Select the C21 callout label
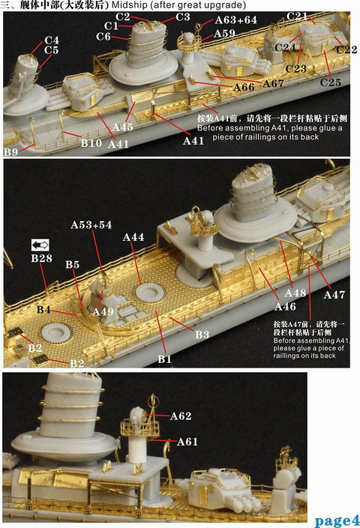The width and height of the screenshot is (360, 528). click(298, 16)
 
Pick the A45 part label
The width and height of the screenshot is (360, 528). click(122, 127)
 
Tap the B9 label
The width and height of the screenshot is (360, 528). click(11, 152)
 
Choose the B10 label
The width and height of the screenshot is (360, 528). click(91, 142)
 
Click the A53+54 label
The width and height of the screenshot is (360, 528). click(91, 224)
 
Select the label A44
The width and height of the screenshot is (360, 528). click(133, 237)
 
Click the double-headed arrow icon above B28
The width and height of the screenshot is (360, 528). click(40, 244)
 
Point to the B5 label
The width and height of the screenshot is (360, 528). click(72, 265)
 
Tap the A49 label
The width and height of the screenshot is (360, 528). click(103, 311)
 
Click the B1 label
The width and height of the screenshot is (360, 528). click(165, 360)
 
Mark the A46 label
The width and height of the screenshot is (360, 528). click(285, 307)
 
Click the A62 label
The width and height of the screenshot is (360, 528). click(181, 415)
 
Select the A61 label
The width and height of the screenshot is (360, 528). click(187, 442)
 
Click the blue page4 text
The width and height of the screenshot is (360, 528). click(337, 520)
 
